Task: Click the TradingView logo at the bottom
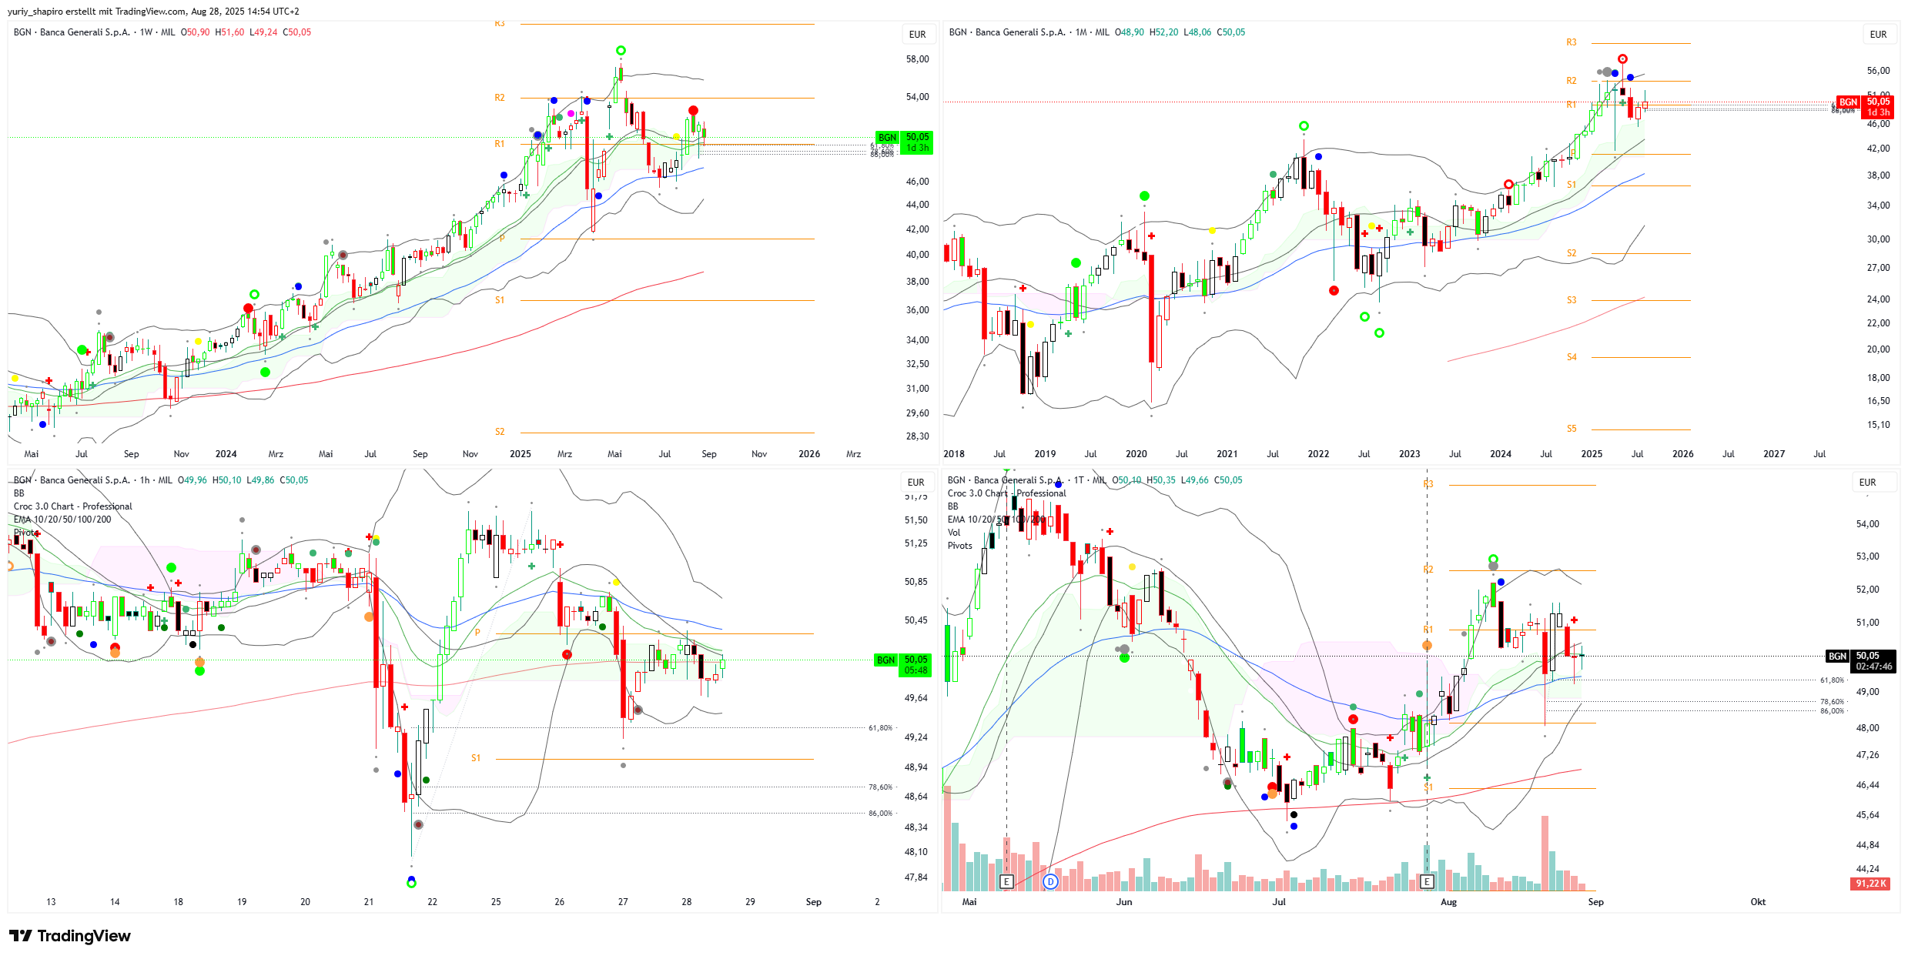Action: point(69,936)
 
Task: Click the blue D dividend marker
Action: point(1050,882)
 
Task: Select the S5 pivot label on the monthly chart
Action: point(1572,429)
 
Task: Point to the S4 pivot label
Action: point(1572,357)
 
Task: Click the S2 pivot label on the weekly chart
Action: point(500,432)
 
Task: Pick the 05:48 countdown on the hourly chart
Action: point(916,670)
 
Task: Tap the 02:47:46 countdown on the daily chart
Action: point(1873,667)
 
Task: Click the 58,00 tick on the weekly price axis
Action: point(917,59)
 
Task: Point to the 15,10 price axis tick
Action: point(1878,425)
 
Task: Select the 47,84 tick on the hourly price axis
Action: point(916,877)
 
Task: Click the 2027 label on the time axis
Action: point(1774,454)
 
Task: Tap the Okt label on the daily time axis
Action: point(1758,902)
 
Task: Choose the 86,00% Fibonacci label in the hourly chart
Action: point(880,814)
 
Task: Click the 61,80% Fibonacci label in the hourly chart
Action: point(880,728)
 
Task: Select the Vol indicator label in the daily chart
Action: point(954,533)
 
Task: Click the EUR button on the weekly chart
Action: point(917,35)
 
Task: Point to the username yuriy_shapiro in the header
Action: point(35,12)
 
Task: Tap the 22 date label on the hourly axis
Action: point(432,902)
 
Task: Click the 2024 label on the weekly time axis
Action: point(226,454)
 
